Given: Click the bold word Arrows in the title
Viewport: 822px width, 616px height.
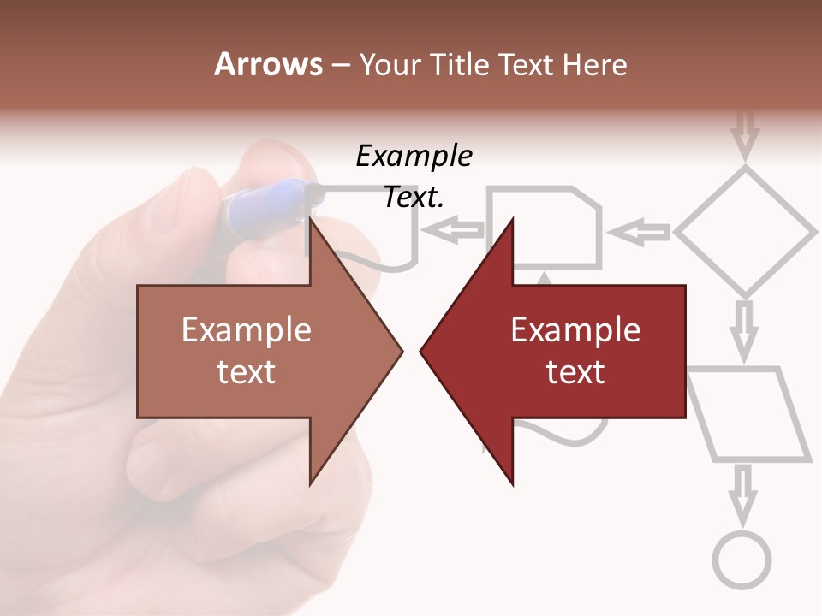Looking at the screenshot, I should tap(268, 64).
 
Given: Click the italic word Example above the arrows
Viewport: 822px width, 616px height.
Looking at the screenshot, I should tap(414, 157).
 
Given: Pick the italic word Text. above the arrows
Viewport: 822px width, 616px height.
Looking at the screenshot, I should tap(414, 198).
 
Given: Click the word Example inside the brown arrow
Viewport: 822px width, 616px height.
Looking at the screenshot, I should tap(247, 329).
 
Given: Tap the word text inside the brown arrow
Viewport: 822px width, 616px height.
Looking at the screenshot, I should tap(247, 372).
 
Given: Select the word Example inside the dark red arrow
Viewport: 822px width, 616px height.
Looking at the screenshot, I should tap(575, 329).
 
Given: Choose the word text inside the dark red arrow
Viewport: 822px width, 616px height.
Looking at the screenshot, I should tap(575, 372).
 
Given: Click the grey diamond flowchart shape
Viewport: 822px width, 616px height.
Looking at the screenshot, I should tap(746, 231).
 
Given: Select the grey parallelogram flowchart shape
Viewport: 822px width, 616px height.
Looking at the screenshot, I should tap(750, 415).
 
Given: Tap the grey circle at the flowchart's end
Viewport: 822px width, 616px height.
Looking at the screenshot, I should tap(742, 560).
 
